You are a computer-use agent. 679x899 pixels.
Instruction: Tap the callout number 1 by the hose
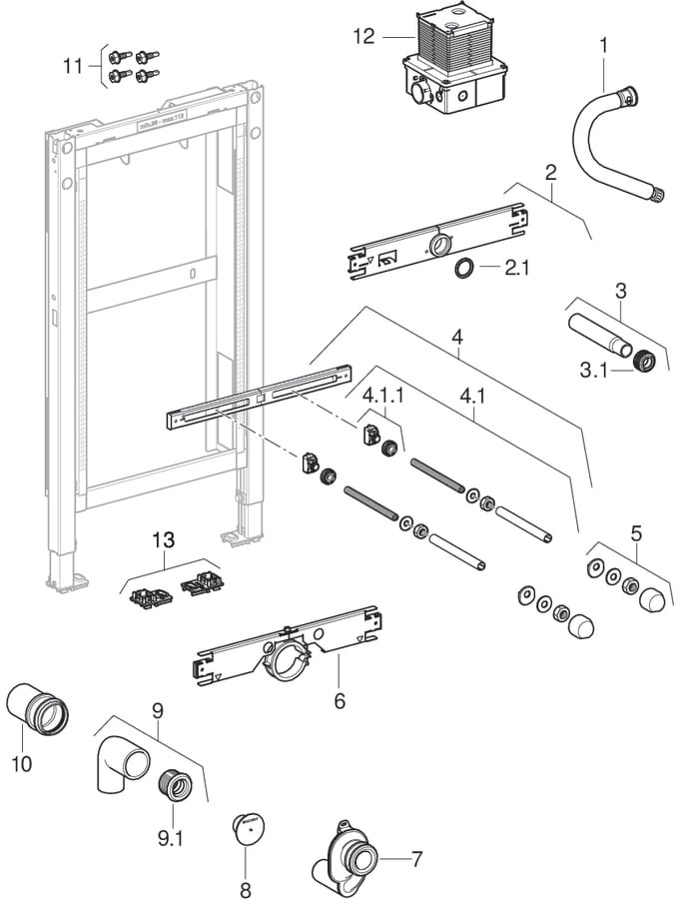602,44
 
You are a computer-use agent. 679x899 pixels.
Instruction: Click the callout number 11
72,67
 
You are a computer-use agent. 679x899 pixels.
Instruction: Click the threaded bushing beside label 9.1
177,783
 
